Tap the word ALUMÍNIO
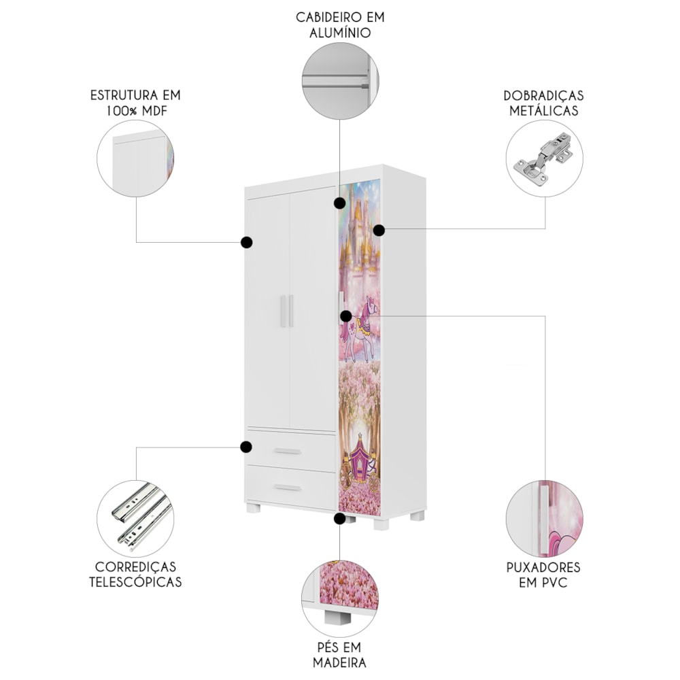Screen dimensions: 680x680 pos(340,33)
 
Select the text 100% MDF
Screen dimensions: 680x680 pos(137,111)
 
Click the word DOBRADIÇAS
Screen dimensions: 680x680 pos(543,95)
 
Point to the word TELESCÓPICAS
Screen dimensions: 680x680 pos(135,582)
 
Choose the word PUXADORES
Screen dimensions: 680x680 pos(543,567)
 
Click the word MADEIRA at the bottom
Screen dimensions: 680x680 pos(339,662)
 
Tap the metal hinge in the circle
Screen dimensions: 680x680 pos(543,158)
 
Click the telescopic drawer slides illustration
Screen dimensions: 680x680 pos(137,516)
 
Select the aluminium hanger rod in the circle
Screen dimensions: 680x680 pos(337,82)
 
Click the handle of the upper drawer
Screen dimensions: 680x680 pos(288,452)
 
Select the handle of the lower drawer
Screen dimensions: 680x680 pos(288,488)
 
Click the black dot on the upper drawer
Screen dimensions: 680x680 pos(246,447)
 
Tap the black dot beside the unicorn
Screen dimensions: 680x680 pos(346,316)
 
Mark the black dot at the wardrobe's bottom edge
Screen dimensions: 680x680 pos(339,518)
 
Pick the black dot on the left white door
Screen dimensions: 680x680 pos(247,243)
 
